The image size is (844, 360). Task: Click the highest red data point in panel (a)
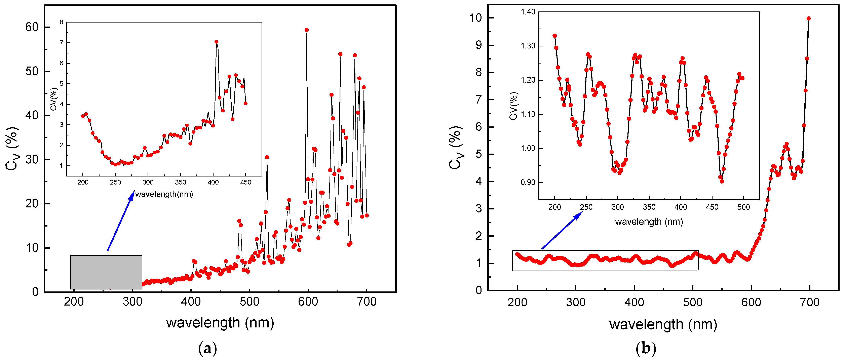click(x=306, y=30)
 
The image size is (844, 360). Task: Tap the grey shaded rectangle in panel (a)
click(x=106, y=272)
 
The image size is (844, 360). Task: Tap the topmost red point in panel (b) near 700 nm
click(x=808, y=18)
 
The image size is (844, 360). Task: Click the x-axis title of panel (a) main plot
click(x=220, y=323)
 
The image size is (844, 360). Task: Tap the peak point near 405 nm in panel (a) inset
click(x=216, y=42)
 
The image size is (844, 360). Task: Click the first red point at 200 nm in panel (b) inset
click(x=554, y=36)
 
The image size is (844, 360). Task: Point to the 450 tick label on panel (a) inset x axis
click(x=246, y=183)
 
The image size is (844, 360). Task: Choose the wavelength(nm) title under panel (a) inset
click(x=164, y=194)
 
